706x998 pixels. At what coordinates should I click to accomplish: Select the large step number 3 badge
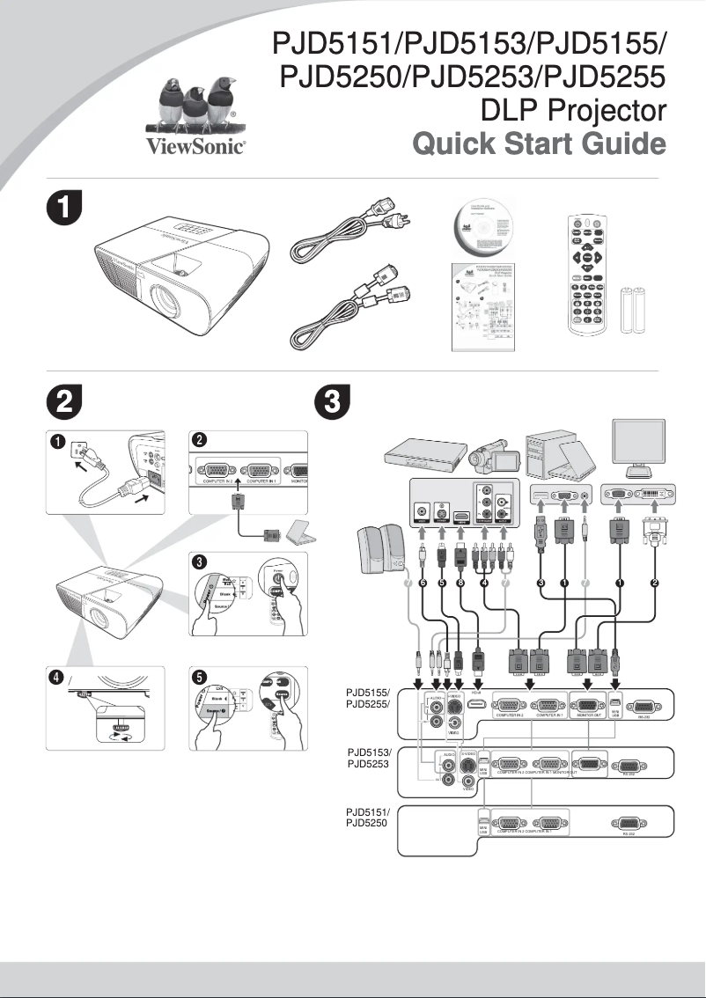[x=331, y=403]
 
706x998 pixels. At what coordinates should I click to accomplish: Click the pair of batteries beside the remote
[x=634, y=311]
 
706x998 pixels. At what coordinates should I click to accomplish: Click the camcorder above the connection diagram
[x=487, y=458]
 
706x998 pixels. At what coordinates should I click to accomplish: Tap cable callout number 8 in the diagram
[x=460, y=583]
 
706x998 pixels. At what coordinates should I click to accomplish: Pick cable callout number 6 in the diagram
[x=423, y=583]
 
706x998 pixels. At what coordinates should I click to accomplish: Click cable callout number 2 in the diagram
[x=654, y=583]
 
